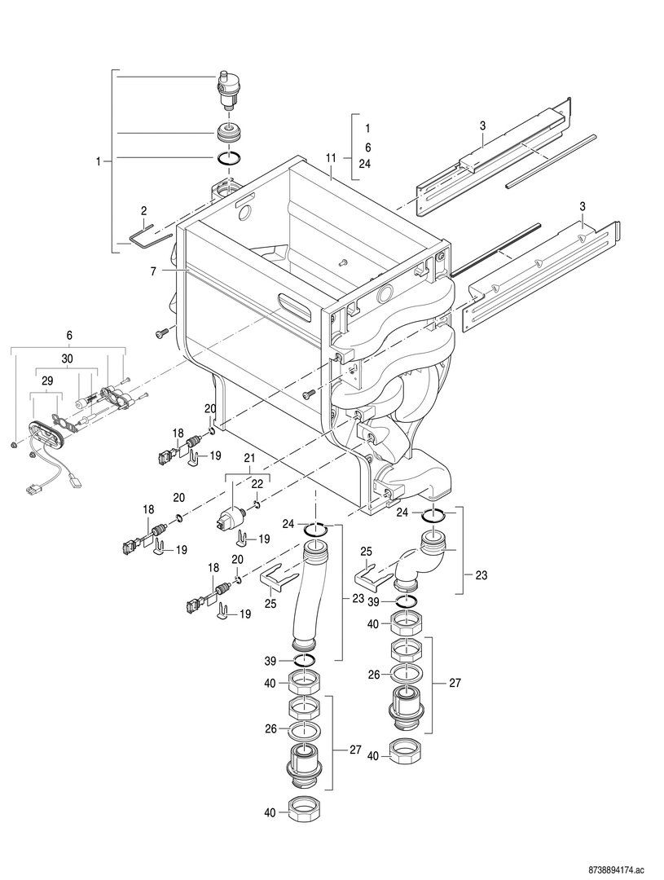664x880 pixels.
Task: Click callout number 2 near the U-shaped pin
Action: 144,211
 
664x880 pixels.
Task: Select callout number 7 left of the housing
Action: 152,271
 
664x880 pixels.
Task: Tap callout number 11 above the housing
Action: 331,159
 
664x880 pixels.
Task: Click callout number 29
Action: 47,381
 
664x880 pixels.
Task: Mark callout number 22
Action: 257,484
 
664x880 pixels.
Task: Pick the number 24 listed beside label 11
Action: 367,165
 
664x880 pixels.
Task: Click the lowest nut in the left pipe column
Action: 304,809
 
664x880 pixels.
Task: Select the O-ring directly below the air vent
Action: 230,160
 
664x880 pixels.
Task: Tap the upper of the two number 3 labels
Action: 482,126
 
